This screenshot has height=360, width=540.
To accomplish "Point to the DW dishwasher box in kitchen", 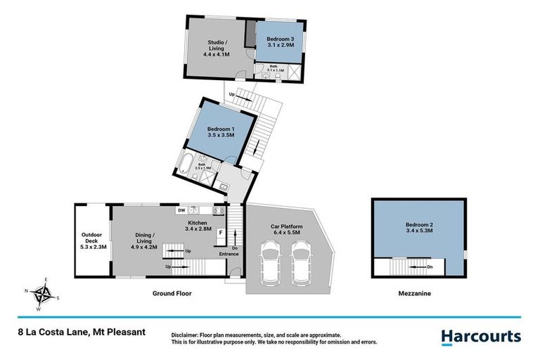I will (181, 210).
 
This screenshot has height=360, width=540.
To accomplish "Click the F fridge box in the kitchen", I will (221, 233).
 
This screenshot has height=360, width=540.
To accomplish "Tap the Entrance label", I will (229, 253).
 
